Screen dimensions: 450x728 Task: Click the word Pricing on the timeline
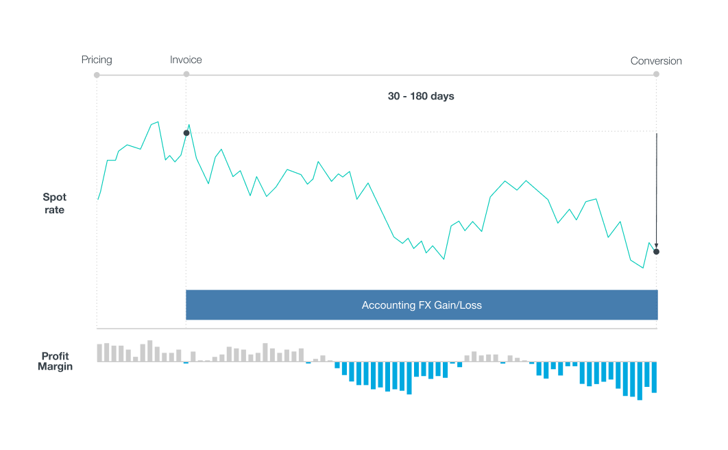(97, 60)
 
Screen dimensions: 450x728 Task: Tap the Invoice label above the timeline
(186, 60)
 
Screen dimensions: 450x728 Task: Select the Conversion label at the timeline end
(656, 61)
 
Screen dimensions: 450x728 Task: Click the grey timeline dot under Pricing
(97, 75)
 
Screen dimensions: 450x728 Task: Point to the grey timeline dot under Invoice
(186, 75)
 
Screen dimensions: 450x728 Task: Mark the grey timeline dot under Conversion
(656, 74)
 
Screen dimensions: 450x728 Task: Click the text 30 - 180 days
(421, 96)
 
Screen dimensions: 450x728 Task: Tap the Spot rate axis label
(55, 204)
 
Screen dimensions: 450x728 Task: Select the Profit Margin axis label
(55, 361)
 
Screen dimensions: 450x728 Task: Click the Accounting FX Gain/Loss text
(422, 305)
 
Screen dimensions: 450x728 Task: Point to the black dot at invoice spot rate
(186, 132)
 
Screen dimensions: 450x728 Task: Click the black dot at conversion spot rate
(656, 252)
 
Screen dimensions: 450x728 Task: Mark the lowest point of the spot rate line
(643, 268)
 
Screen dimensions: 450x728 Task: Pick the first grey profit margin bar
(99, 353)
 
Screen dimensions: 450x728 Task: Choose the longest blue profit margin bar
(640, 381)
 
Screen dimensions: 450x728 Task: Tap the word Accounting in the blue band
(388, 305)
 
